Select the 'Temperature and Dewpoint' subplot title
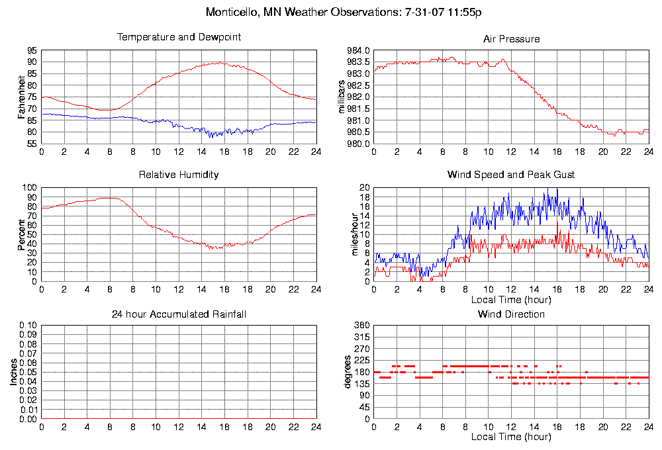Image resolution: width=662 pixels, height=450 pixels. click(x=179, y=37)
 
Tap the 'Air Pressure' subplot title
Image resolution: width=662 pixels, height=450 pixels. click(x=511, y=39)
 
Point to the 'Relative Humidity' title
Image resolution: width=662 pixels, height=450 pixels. click(x=179, y=175)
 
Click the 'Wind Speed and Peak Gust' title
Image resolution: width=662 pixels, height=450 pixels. click(x=511, y=175)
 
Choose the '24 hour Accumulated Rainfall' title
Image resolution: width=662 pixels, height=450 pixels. click(x=179, y=314)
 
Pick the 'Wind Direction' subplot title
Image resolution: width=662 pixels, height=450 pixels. click(x=511, y=314)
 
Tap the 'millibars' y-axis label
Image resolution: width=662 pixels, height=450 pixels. click(x=342, y=97)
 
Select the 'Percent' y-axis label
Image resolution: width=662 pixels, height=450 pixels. click(x=21, y=234)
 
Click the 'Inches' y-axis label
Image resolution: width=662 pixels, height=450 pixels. click(x=13, y=372)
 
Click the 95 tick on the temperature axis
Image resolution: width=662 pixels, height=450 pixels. click(x=32, y=50)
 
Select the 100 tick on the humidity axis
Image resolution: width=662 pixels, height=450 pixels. click(x=30, y=188)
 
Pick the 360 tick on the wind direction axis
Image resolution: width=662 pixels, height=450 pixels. click(x=361, y=326)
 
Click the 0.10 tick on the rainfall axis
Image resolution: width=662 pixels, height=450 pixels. click(x=28, y=326)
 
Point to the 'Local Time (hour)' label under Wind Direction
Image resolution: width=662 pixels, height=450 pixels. click(x=511, y=437)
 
